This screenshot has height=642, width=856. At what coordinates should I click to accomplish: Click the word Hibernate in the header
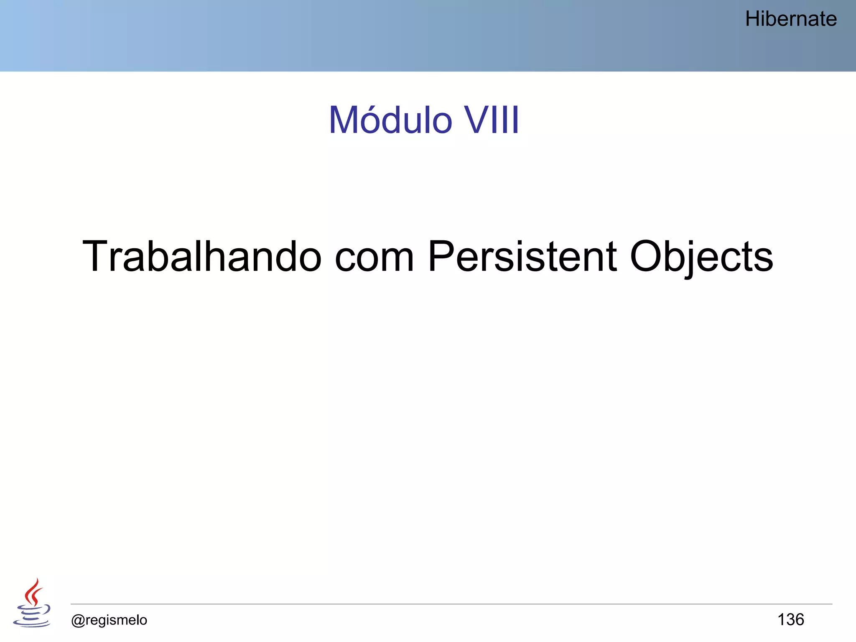[791, 19]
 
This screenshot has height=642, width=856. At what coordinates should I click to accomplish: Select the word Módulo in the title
[390, 120]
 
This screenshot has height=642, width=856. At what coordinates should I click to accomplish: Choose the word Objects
[701, 257]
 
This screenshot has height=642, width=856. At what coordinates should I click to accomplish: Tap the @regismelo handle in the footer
[109, 620]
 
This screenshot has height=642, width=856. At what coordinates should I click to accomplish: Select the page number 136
[790, 619]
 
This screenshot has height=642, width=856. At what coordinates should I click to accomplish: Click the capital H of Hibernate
[752, 19]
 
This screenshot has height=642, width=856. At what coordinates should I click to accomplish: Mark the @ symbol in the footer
[78, 620]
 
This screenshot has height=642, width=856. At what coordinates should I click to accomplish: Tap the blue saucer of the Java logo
[31, 624]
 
